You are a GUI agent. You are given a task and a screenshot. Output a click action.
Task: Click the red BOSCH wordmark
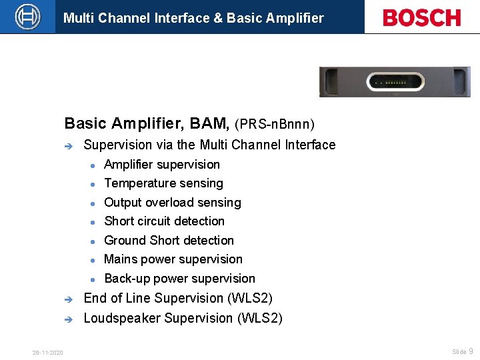(x=421, y=17)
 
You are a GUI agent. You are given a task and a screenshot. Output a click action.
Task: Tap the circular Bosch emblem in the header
(x=28, y=17)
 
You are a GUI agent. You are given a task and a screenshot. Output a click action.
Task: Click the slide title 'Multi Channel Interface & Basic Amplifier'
(x=193, y=18)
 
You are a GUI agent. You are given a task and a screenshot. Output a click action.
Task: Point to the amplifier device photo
(x=394, y=82)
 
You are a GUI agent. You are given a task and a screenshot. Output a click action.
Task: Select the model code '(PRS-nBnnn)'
(x=275, y=124)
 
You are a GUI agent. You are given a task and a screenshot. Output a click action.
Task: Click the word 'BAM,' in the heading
(x=210, y=123)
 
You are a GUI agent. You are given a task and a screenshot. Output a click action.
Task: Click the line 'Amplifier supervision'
(x=162, y=165)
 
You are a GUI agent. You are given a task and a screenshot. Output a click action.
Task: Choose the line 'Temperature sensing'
(x=163, y=183)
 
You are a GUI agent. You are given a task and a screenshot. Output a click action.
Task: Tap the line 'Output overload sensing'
(x=173, y=203)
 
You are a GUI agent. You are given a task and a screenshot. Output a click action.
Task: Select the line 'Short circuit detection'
(x=164, y=221)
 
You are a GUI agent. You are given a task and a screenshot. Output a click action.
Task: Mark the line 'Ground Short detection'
(x=169, y=241)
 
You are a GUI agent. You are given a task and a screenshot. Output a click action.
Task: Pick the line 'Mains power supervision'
(x=173, y=259)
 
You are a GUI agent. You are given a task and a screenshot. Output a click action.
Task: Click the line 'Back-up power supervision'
(x=179, y=279)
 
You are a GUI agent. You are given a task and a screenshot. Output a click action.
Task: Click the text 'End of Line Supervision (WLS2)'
(x=178, y=298)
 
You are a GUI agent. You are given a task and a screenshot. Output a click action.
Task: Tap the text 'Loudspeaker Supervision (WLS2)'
(x=183, y=318)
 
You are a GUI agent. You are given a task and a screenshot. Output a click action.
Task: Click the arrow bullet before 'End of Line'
(x=67, y=299)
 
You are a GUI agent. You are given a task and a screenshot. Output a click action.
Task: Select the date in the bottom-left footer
(x=47, y=353)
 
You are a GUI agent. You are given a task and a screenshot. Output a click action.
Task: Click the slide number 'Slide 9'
(x=462, y=351)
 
